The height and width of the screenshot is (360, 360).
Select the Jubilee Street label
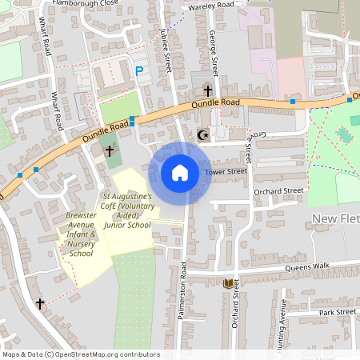[167, 48]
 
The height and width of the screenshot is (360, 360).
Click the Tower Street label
[227, 171]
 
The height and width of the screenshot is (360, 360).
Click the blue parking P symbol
[140, 71]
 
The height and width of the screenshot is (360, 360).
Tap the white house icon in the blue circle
[180, 172]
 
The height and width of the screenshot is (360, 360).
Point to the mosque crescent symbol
[202, 135]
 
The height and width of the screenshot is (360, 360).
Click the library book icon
[229, 283]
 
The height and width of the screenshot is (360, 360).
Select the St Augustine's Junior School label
[127, 210]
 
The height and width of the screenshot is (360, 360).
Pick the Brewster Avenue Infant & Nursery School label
[81, 234]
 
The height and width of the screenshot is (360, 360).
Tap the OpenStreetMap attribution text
[81, 354]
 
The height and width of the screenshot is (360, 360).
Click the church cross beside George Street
[208, 90]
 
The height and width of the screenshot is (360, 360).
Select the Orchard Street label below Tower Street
[278, 191]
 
